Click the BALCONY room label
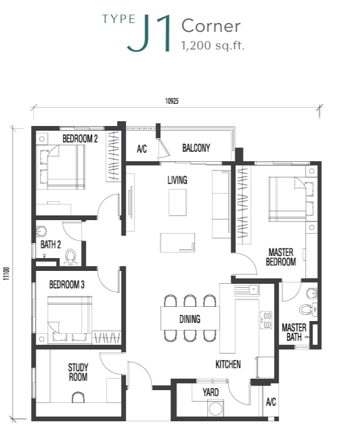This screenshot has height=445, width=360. coord(196,148)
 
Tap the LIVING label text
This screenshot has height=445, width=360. coord(177,180)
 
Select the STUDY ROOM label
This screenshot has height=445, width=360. coord(78,372)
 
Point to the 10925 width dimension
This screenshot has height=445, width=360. coord(172,101)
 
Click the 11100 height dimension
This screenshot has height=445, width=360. coord(6,274)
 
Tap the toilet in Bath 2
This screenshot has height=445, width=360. coord(70,257)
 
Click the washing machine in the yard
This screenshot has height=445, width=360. coord(215,408)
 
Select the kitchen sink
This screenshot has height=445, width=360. coord(246,290)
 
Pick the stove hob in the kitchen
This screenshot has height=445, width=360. coord(266,320)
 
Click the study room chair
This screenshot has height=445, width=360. coord(78,397)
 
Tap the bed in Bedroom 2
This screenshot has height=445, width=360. coord(61,167)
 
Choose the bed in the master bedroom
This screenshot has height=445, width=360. coord(291,198)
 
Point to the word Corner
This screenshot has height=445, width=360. coord(211,26)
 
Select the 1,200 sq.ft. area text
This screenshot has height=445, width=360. coord(212,45)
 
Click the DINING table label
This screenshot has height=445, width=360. coord(189,319)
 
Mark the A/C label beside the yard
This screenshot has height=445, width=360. coord(271,402)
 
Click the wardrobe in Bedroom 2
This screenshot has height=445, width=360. coord(114,156)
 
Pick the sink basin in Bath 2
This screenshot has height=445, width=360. coord(41,230)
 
